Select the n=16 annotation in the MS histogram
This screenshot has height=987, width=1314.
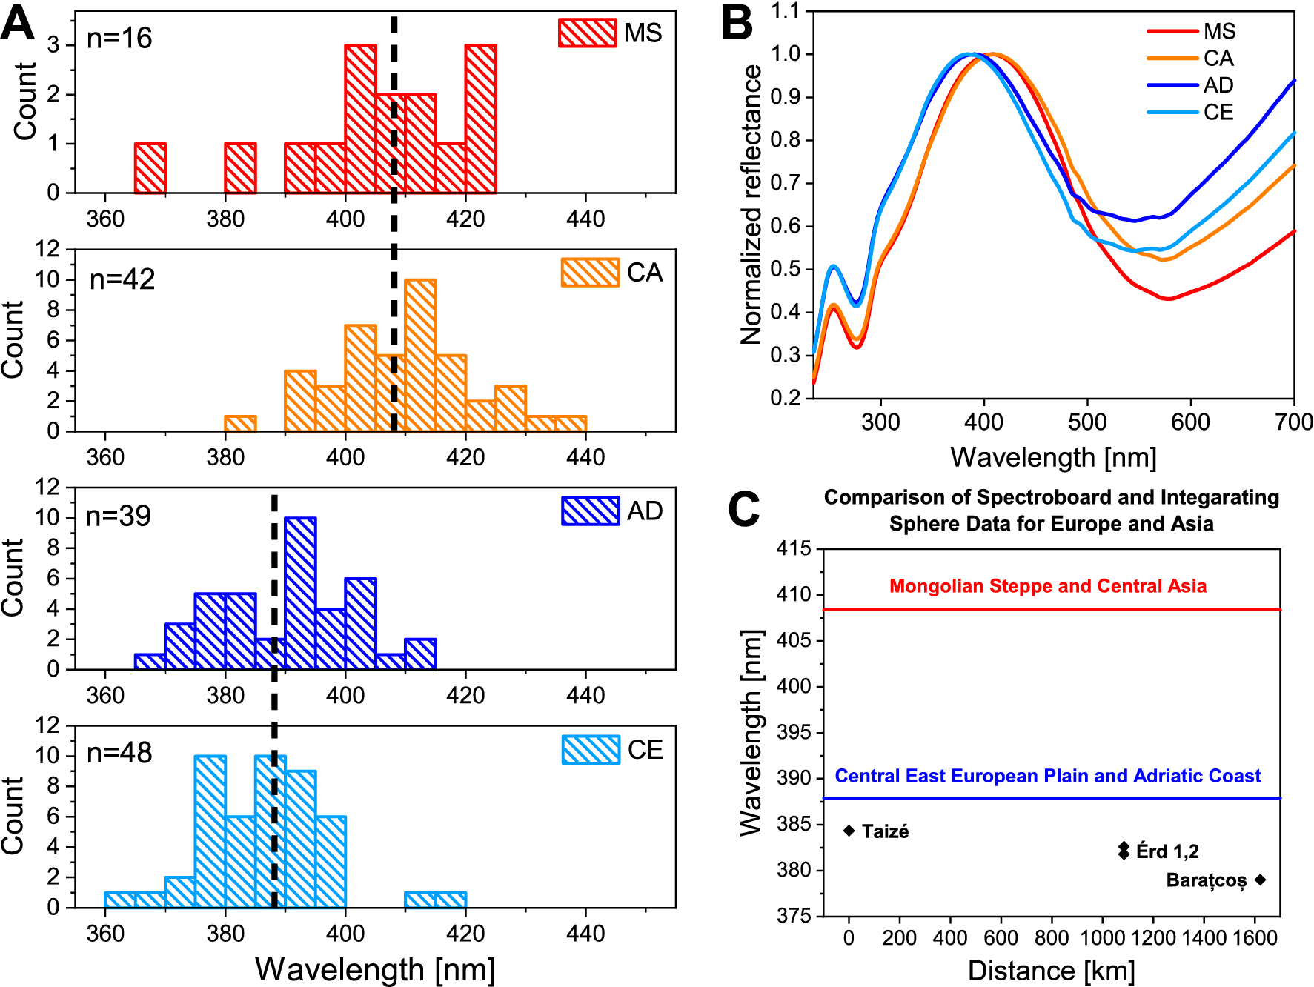click(119, 38)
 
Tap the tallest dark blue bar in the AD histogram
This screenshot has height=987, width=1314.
click(300, 593)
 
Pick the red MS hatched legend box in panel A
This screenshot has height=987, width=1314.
click(587, 33)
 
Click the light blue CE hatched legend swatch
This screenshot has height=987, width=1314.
click(590, 750)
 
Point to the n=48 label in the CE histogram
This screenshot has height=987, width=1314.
click(119, 753)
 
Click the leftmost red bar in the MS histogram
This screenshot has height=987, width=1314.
click(150, 168)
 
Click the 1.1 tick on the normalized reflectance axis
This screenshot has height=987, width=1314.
click(786, 11)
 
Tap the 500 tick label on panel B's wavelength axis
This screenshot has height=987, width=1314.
click(1087, 422)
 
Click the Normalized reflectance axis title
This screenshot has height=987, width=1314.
click(751, 205)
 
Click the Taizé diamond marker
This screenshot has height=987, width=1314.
click(849, 831)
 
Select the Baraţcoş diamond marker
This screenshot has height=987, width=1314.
click(1260, 880)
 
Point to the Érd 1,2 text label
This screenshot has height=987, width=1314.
click(1167, 851)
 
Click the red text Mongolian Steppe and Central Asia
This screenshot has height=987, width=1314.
click(1047, 586)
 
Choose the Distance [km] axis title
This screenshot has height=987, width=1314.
click(1051, 970)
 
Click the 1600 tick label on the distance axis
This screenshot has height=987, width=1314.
click(1255, 938)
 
